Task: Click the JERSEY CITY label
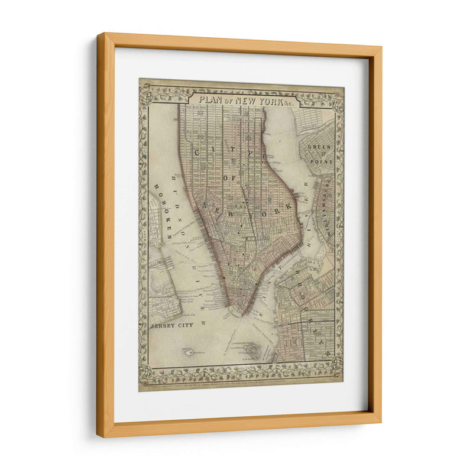[x=172, y=326]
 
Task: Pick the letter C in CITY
[x=197, y=153]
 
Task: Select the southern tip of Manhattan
[x=240, y=312]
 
